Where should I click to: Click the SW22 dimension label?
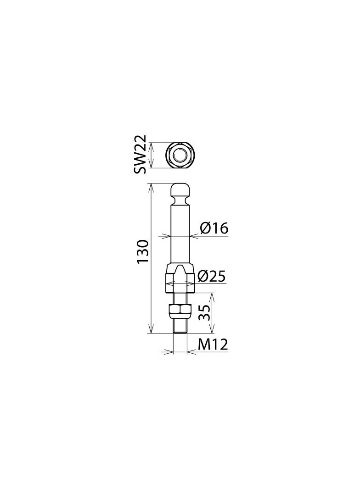140,155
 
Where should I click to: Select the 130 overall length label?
142,252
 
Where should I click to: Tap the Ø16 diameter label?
214,228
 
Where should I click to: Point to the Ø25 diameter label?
212,276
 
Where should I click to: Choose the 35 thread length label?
204,312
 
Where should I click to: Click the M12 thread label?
213,345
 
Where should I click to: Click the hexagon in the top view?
180,155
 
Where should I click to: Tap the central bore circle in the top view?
180,155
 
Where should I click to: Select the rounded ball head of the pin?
180,190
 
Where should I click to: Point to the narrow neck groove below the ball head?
180,199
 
